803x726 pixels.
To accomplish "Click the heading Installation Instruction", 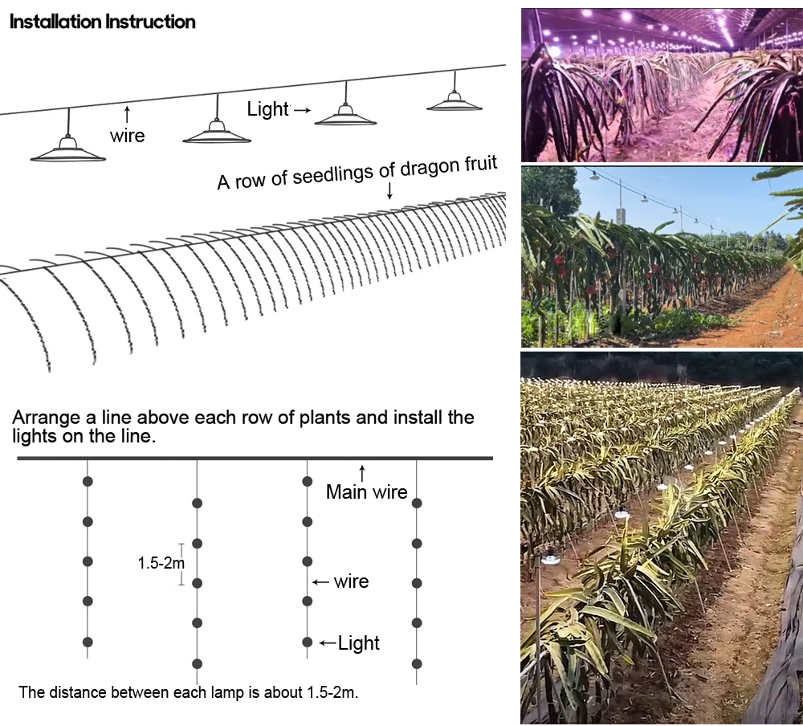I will point(102,22).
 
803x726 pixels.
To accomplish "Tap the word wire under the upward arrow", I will point(127,136).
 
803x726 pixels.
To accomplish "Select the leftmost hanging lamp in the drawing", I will point(67,149).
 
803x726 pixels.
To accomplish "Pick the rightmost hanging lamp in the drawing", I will point(454,101).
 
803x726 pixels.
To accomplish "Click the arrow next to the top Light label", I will point(302,110).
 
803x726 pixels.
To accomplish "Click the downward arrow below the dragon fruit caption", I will point(389,190).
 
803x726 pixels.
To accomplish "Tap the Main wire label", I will point(366,492).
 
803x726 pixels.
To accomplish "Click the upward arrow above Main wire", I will point(362,472).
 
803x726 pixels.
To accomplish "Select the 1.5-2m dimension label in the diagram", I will point(161,563).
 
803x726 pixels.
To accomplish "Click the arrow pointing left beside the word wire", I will point(321,581).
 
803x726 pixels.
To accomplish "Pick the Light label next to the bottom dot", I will point(358,642).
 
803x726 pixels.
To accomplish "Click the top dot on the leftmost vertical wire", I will point(88,481).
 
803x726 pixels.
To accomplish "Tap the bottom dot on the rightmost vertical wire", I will point(416,663).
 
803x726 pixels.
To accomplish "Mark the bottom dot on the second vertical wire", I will point(198,663).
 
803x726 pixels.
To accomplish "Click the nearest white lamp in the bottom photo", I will point(550,559).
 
